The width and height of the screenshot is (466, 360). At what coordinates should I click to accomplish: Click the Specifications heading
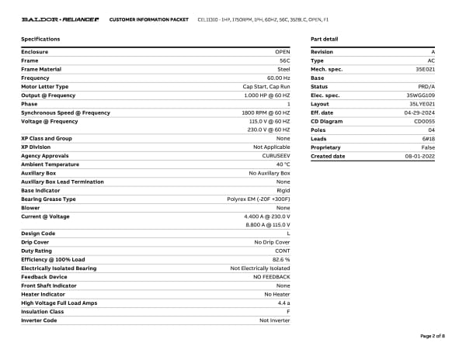pos(40,39)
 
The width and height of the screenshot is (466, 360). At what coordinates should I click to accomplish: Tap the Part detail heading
pos(324,39)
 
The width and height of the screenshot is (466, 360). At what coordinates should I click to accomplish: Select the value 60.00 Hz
pos(278,78)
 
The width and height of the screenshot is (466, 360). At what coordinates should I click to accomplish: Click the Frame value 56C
pos(284,61)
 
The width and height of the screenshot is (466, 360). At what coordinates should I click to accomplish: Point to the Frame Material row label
pos(41,69)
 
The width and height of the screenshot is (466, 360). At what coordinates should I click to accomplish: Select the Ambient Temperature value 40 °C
pos(283,164)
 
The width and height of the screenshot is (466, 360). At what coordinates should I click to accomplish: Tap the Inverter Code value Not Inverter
pos(275,320)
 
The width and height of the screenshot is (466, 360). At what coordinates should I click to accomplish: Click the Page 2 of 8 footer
pos(432,336)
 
